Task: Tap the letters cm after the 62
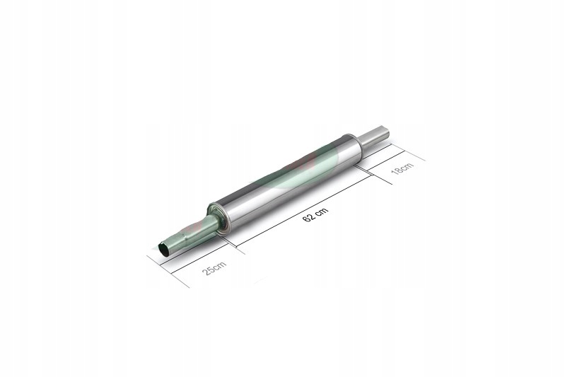318,209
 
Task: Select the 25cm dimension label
214,269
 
